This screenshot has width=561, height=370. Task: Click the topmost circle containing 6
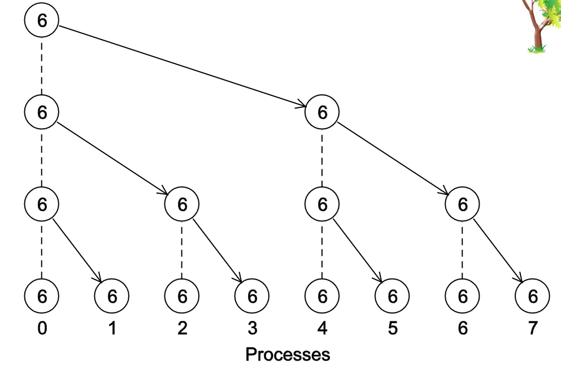pyautogui.click(x=42, y=20)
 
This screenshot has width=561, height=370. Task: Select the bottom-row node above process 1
pyautogui.click(x=112, y=295)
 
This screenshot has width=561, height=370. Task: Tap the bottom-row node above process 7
pyautogui.click(x=533, y=295)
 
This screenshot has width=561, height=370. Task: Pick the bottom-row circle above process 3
pyautogui.click(x=252, y=295)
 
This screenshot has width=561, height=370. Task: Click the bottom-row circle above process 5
pyautogui.click(x=393, y=295)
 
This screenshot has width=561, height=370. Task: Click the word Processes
pyautogui.click(x=288, y=355)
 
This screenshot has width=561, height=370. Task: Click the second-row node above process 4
pyautogui.click(x=322, y=112)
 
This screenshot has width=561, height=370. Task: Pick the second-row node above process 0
pyautogui.click(x=42, y=112)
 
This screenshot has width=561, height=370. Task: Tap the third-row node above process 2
pyautogui.click(x=182, y=204)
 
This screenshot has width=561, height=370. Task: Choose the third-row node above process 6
pyautogui.click(x=463, y=204)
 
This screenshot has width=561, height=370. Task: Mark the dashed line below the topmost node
pyautogui.click(x=42, y=66)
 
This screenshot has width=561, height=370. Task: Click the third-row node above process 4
pyautogui.click(x=322, y=204)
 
